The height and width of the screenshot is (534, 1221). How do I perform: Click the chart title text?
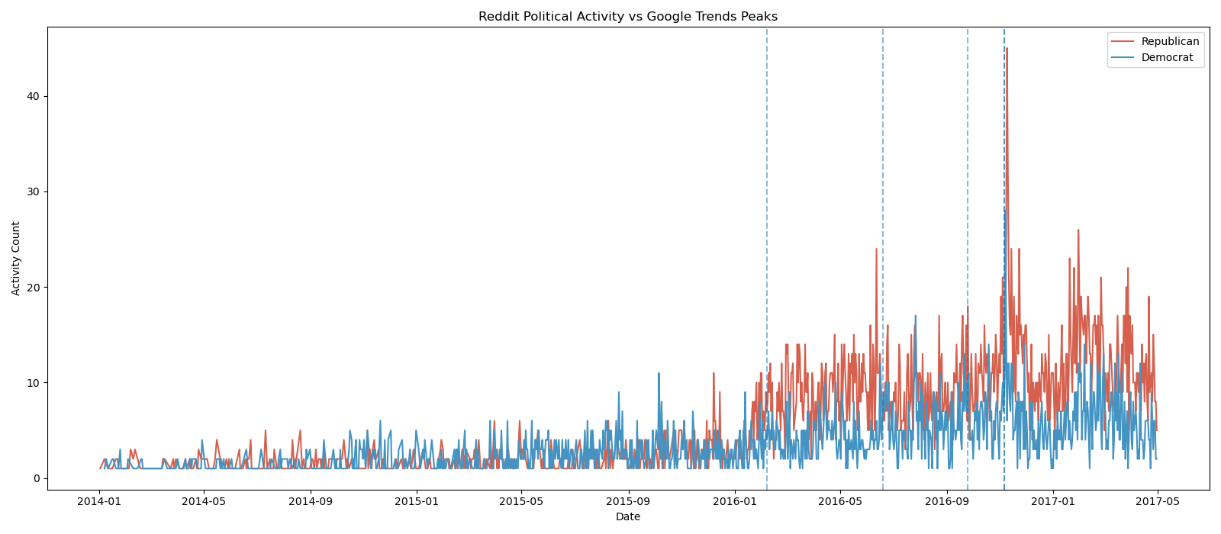[x=627, y=17]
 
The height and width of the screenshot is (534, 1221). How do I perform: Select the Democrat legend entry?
[x=1167, y=57]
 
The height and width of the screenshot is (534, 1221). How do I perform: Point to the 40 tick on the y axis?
[x=34, y=96]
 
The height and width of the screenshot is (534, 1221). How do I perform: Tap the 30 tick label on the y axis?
[x=34, y=191]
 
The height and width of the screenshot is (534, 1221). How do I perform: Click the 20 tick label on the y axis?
[x=34, y=287]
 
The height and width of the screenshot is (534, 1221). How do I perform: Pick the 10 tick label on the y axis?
[x=34, y=382]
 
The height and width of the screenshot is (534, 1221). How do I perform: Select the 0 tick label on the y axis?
[x=37, y=478]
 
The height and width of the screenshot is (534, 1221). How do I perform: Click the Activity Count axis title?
[x=16, y=258]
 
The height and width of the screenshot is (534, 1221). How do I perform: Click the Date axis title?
[x=627, y=517]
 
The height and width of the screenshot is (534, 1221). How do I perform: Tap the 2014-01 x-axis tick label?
[x=98, y=501]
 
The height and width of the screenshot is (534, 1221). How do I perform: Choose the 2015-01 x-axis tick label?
[x=416, y=501]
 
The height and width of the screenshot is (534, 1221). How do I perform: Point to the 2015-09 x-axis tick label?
[x=628, y=501]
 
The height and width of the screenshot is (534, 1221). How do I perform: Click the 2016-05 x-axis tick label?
[x=839, y=501]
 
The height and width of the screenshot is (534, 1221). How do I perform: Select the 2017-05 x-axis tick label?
[x=1157, y=501]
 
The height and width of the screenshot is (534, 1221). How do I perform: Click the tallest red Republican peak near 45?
[x=1007, y=49]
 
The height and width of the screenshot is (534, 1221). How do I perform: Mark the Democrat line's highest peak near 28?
[x=1004, y=211]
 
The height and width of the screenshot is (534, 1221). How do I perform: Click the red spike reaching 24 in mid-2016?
[x=876, y=249]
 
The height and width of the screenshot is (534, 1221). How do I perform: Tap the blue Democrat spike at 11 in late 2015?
[x=659, y=374]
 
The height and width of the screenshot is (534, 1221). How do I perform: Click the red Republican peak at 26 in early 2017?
[x=1078, y=230]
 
